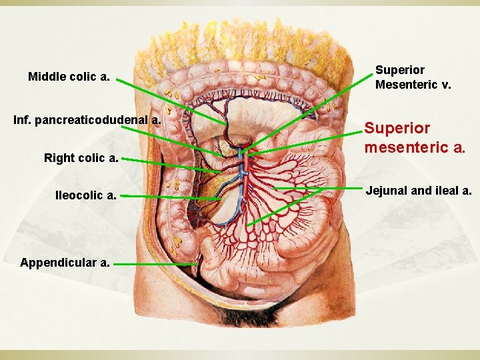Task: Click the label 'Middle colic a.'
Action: [69, 77]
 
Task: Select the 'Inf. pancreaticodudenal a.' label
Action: [87, 120]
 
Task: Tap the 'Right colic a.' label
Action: [81, 158]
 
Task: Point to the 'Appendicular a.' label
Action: [65, 263]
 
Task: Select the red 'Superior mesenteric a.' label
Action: [414, 137]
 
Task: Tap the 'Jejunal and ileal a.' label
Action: [418, 191]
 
